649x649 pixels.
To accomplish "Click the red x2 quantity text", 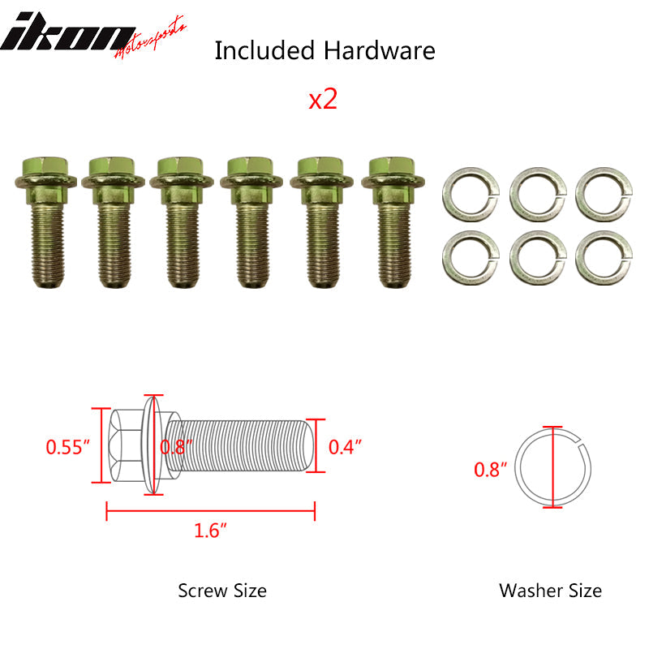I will [323, 100].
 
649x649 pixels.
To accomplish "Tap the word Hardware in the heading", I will [379, 50].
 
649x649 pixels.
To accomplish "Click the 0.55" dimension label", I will [67, 446].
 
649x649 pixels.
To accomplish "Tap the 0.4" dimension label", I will [345, 446].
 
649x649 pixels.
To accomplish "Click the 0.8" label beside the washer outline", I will [490, 468].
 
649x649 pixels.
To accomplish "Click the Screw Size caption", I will [222, 590].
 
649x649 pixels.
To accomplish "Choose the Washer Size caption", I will [550, 590].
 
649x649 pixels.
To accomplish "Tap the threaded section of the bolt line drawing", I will [243, 446].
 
